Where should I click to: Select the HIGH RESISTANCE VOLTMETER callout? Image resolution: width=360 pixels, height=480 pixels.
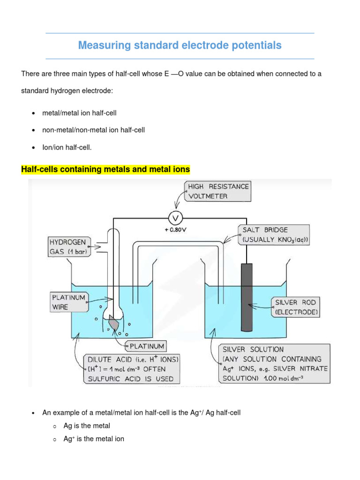click(217, 191)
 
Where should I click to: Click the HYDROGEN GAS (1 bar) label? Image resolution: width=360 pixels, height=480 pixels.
click(68, 246)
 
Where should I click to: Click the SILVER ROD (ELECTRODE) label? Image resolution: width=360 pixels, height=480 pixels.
click(296, 307)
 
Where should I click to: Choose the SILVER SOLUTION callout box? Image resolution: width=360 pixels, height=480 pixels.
click(275, 364)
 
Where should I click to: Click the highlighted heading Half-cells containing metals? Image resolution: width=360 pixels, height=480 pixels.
click(105, 169)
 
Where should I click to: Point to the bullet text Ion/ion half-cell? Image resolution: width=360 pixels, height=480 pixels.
click(67, 147)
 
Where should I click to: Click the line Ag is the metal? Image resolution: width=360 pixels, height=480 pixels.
click(87, 426)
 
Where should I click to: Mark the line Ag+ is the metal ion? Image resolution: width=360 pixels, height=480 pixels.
click(94, 439)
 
